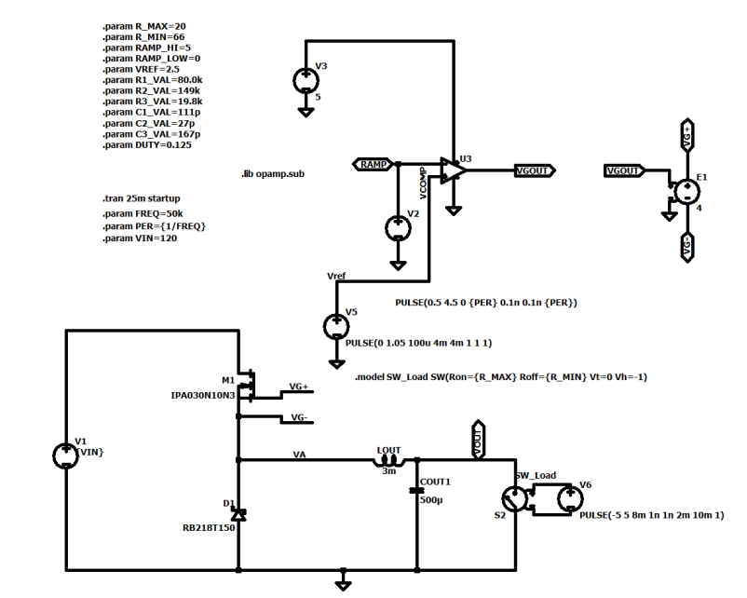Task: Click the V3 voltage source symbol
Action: coord(306,81)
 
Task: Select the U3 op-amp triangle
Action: coord(453,170)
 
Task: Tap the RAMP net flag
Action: coord(373,164)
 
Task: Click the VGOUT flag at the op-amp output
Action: coord(535,170)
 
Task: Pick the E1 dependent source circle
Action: coord(687,192)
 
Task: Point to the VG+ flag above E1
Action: coord(687,135)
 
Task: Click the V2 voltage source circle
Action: coord(398,229)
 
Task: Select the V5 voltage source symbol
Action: coord(336,327)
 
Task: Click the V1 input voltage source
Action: coord(66,455)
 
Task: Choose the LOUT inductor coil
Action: coord(388,460)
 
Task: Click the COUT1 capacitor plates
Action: coord(417,490)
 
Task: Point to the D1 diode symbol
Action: coord(238,514)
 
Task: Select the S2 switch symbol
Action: coord(515,499)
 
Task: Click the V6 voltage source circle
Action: coord(570,499)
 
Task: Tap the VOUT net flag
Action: coord(478,440)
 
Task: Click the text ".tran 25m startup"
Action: coord(142,198)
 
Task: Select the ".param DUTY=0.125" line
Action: coord(147,145)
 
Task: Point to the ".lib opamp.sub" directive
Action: coord(273,174)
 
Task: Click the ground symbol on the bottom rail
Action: coord(343,582)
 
